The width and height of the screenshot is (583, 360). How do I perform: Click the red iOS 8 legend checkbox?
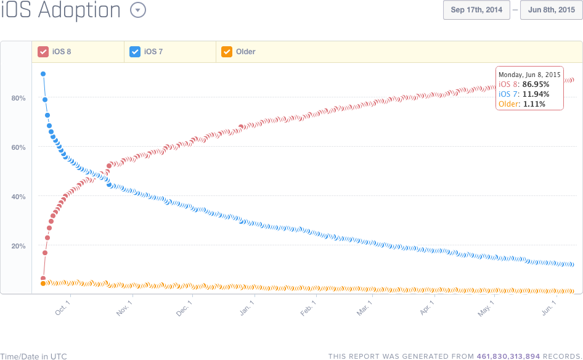(x=43, y=52)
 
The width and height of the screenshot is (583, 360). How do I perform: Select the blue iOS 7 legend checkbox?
(x=135, y=52)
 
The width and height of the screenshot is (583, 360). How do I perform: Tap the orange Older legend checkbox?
(x=227, y=52)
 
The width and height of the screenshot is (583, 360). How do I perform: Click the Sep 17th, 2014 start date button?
(x=476, y=10)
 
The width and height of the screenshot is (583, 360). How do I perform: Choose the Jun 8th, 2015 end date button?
(x=552, y=10)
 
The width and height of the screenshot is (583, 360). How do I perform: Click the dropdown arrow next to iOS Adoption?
(x=138, y=10)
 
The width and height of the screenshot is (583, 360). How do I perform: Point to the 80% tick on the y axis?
(x=18, y=98)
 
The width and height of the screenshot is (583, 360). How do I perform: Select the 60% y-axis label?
(x=18, y=147)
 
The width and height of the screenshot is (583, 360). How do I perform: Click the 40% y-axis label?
(x=18, y=197)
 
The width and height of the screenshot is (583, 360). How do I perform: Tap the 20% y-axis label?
(x=18, y=246)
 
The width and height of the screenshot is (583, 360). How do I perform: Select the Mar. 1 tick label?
(x=364, y=308)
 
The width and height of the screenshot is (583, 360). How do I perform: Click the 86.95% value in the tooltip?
(x=536, y=84)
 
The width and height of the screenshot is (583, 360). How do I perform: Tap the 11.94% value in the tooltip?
(x=536, y=94)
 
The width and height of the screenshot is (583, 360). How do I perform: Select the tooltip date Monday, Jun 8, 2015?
(x=529, y=74)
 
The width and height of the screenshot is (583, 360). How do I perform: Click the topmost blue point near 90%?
(x=43, y=74)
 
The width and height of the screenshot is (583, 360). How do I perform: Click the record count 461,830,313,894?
(x=508, y=356)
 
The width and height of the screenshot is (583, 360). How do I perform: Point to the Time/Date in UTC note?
(x=33, y=356)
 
